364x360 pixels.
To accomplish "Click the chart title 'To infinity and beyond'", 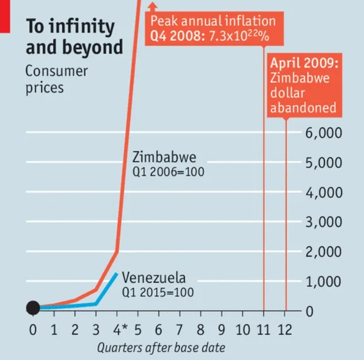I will pos(74,37).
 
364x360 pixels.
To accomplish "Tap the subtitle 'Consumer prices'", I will pos(56,79).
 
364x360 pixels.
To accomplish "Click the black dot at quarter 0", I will pos(33,307).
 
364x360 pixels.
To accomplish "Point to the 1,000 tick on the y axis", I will pos(323,281).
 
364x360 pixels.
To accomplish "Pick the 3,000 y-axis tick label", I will pos(323,222).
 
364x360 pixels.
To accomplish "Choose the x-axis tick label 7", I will pos(179,330).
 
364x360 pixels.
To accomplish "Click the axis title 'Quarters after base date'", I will pos(161,348).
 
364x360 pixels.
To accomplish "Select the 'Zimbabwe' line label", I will pos(164,156).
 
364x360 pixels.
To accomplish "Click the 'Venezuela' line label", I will pos(154,278).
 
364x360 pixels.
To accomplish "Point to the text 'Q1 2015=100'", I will pos(158,293).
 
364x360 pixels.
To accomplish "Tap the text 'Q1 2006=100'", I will pos(168,172).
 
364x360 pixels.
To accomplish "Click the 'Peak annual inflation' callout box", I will pos(212,29).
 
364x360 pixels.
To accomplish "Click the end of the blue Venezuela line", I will pos(117,274).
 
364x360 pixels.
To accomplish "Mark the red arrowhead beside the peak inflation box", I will pos(152,6).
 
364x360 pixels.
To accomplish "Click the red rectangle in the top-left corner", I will pos(5,15).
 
